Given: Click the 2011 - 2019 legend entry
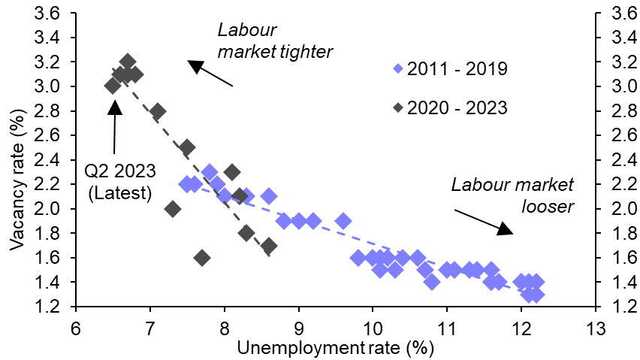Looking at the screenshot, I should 451,69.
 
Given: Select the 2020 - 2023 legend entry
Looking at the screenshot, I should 451,107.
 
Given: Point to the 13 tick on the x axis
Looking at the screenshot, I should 595,328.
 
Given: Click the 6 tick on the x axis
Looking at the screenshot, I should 75,328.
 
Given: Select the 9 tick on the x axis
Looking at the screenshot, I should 298,328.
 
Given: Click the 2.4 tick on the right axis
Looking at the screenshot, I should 614,160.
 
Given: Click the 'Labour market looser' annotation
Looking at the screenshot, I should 513,195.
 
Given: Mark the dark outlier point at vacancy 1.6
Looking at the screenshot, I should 201,258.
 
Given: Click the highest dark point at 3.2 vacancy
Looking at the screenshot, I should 128,62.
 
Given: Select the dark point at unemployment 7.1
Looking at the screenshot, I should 158,111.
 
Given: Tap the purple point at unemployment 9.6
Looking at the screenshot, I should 343,221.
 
